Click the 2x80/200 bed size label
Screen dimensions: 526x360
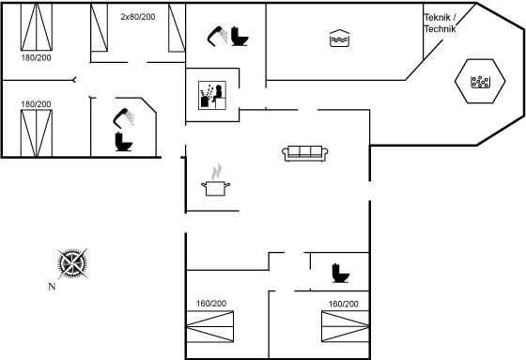point(138,17)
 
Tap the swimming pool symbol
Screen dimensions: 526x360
point(339,39)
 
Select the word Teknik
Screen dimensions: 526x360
point(437,17)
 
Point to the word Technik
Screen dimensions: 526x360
point(440,29)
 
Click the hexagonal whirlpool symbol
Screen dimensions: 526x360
point(480,81)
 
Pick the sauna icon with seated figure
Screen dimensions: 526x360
point(212,95)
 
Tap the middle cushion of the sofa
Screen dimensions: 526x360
point(305,151)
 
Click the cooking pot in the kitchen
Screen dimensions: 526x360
point(215,188)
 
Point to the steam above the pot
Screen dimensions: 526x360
point(216,172)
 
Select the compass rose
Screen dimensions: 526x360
point(72,263)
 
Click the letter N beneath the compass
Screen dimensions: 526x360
point(52,287)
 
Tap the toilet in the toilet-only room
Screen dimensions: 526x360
point(340,273)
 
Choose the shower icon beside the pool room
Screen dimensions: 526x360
point(217,36)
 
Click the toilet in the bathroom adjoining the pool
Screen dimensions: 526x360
point(240,36)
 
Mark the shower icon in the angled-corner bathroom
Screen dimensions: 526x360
point(123,117)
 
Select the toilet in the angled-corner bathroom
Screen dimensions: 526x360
point(123,142)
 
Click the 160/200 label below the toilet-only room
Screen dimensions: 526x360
point(343,304)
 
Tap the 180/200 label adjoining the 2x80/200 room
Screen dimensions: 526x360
point(37,57)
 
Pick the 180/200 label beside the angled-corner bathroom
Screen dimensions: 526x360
point(36,104)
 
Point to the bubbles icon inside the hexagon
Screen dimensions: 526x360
point(480,82)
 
